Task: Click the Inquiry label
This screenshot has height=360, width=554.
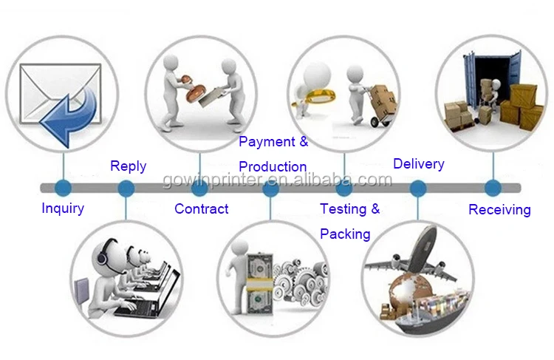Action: point(62,208)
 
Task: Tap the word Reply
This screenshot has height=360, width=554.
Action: point(128,166)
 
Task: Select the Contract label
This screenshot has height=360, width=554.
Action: point(201,209)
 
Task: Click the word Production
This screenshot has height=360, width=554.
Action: point(273,166)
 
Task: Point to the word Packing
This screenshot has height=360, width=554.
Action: point(345,234)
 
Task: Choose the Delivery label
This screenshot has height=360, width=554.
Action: point(418,163)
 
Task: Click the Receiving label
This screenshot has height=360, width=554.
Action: point(499,210)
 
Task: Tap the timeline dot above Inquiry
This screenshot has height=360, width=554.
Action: point(63,187)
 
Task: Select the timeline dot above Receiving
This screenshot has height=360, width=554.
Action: point(492,187)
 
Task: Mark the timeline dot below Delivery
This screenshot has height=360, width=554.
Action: point(418,188)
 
